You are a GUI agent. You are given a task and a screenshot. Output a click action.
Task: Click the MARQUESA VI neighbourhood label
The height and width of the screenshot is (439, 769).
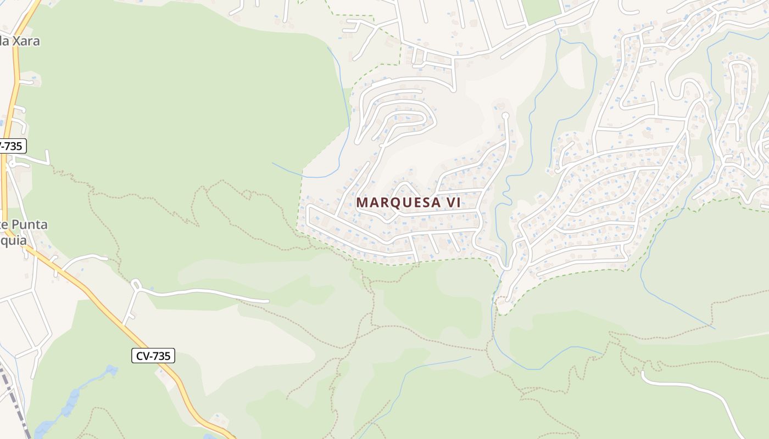click(408, 202)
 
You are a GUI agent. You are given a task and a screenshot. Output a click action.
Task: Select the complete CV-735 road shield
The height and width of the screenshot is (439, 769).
click(153, 356)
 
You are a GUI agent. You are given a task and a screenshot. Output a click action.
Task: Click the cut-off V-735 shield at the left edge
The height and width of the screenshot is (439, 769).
click(12, 146)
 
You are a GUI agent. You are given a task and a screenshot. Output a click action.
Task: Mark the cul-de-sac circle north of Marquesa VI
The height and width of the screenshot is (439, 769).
click(506, 116)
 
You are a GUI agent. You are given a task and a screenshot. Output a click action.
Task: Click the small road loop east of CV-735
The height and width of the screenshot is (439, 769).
click(136, 284)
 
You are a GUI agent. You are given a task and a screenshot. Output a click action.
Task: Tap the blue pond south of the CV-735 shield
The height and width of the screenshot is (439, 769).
click(71, 406)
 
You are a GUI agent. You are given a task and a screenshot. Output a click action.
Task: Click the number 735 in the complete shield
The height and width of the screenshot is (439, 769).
click(161, 356)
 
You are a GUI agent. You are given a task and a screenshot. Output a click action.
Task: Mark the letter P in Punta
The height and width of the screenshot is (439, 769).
click(16, 225)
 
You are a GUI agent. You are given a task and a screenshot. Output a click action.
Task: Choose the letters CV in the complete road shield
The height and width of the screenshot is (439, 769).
click(142, 356)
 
